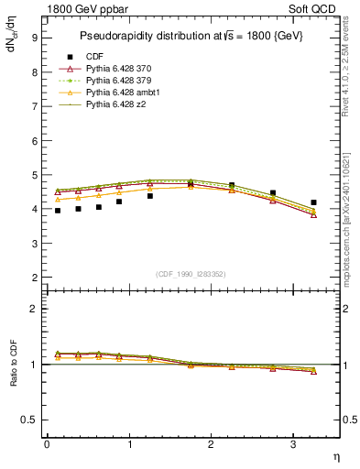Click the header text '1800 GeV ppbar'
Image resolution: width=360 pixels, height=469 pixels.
pyautogui.click(x=85, y=9)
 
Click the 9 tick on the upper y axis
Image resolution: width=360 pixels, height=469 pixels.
pyautogui.click(x=34, y=38)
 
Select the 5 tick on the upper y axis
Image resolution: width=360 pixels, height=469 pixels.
pyautogui.click(x=34, y=175)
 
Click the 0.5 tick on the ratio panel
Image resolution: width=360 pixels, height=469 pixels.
pyautogui.click(x=30, y=420)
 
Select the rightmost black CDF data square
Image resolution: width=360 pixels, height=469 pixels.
pyautogui.click(x=313, y=202)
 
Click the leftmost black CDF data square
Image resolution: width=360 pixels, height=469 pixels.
pyautogui.click(x=57, y=211)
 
